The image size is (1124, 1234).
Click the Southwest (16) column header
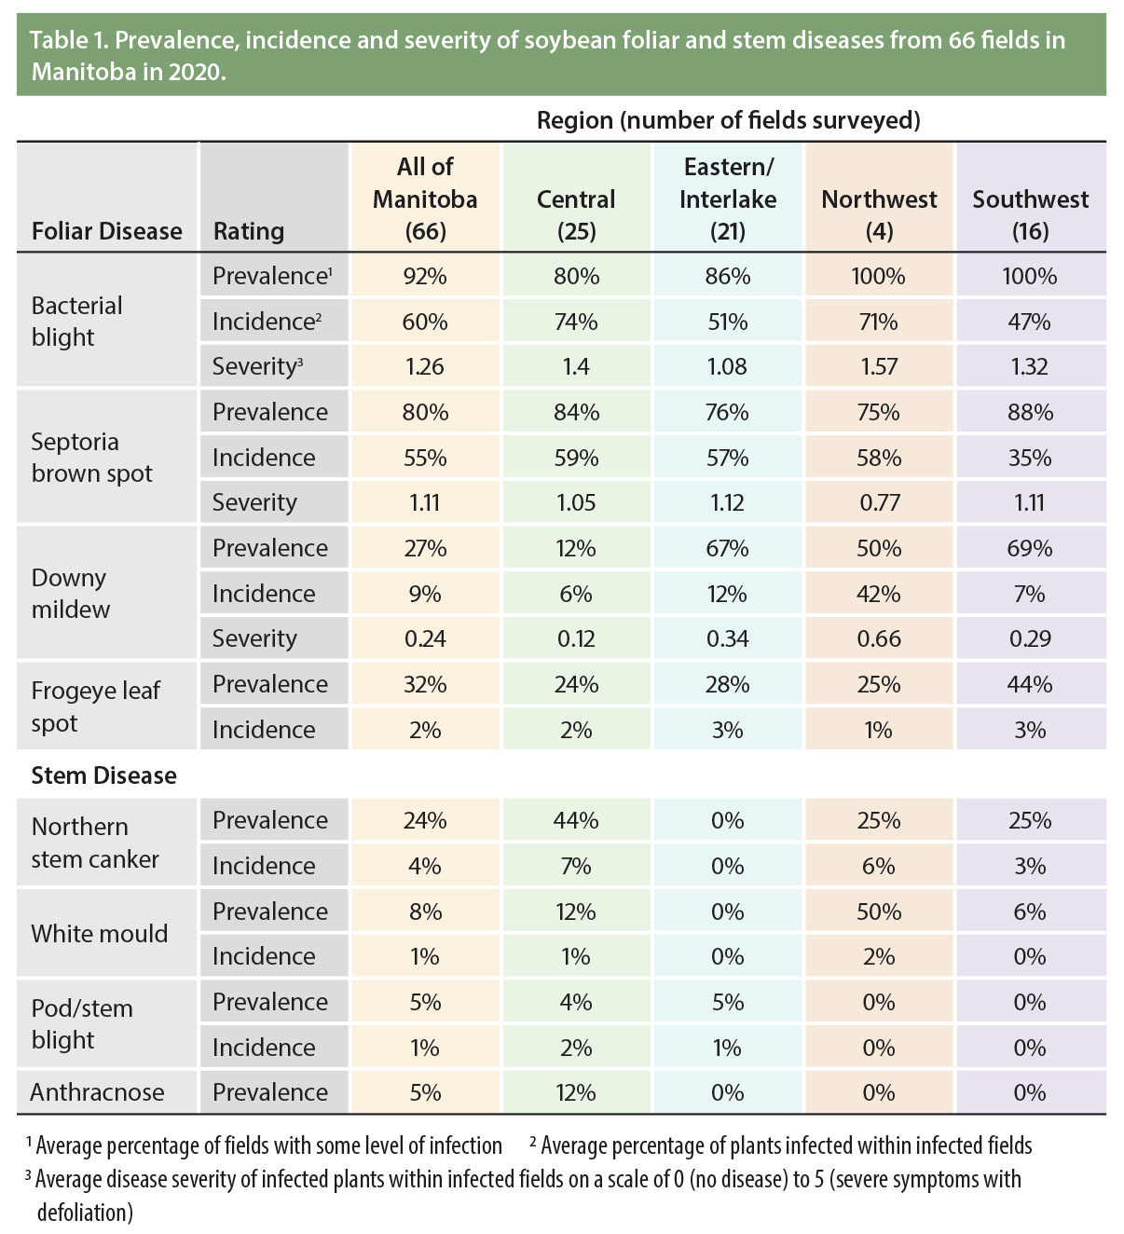point(1030,214)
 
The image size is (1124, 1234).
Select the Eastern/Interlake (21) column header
point(727,199)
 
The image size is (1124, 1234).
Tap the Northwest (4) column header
point(879,214)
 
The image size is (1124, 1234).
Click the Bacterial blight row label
point(76,321)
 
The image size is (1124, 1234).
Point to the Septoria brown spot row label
point(91,457)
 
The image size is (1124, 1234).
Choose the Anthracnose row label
point(97,1092)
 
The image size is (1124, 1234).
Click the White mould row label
point(99,934)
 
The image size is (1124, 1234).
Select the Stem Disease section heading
point(103,775)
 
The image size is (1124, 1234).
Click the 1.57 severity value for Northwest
point(879,366)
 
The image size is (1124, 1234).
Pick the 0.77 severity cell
point(879,502)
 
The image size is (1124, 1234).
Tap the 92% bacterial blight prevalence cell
point(425,276)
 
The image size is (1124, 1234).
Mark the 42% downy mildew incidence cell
point(879,594)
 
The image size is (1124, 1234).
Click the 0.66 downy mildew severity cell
point(879,638)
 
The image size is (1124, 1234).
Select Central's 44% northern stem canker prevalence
point(576,820)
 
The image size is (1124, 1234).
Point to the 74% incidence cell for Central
point(576,322)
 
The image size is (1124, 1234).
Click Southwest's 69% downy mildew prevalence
point(1030,548)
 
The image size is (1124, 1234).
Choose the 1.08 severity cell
point(727,366)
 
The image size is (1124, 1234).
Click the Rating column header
point(249,231)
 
